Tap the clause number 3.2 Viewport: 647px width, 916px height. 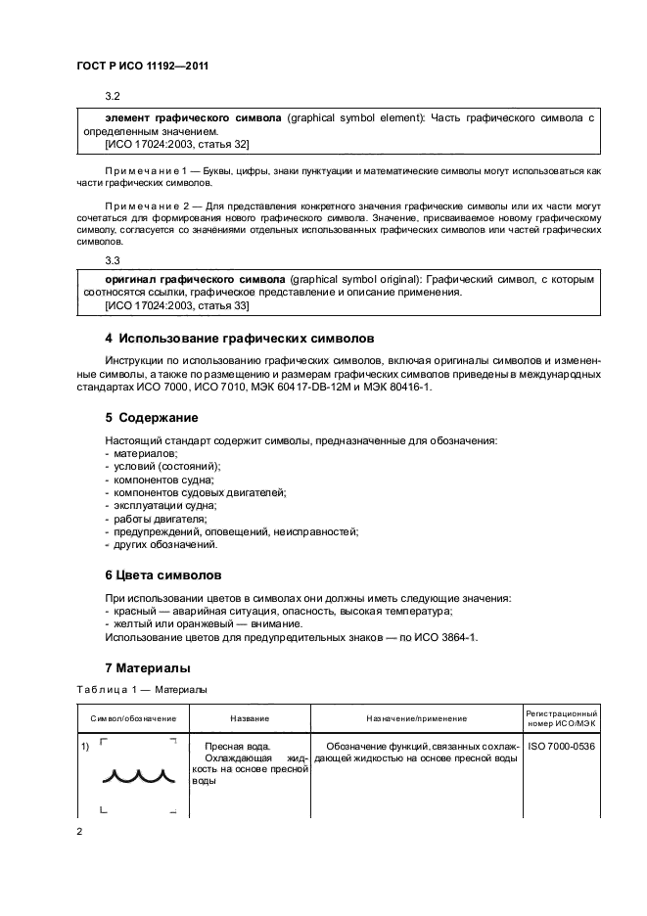[112, 97]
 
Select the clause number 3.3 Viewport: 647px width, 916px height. [112, 261]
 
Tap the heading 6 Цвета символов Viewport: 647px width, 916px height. [162, 574]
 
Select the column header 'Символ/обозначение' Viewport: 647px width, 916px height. [133, 718]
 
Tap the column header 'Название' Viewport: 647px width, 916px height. [250, 718]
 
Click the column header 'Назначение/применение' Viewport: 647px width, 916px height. [416, 718]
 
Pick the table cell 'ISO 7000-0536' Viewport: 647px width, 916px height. [561, 746]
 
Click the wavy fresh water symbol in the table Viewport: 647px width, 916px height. [139, 777]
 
